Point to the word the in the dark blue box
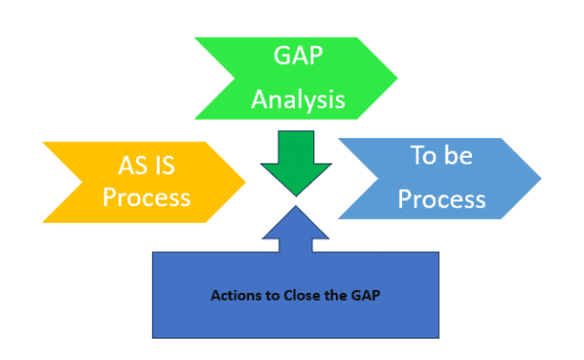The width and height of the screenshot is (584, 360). [x=343, y=293]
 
